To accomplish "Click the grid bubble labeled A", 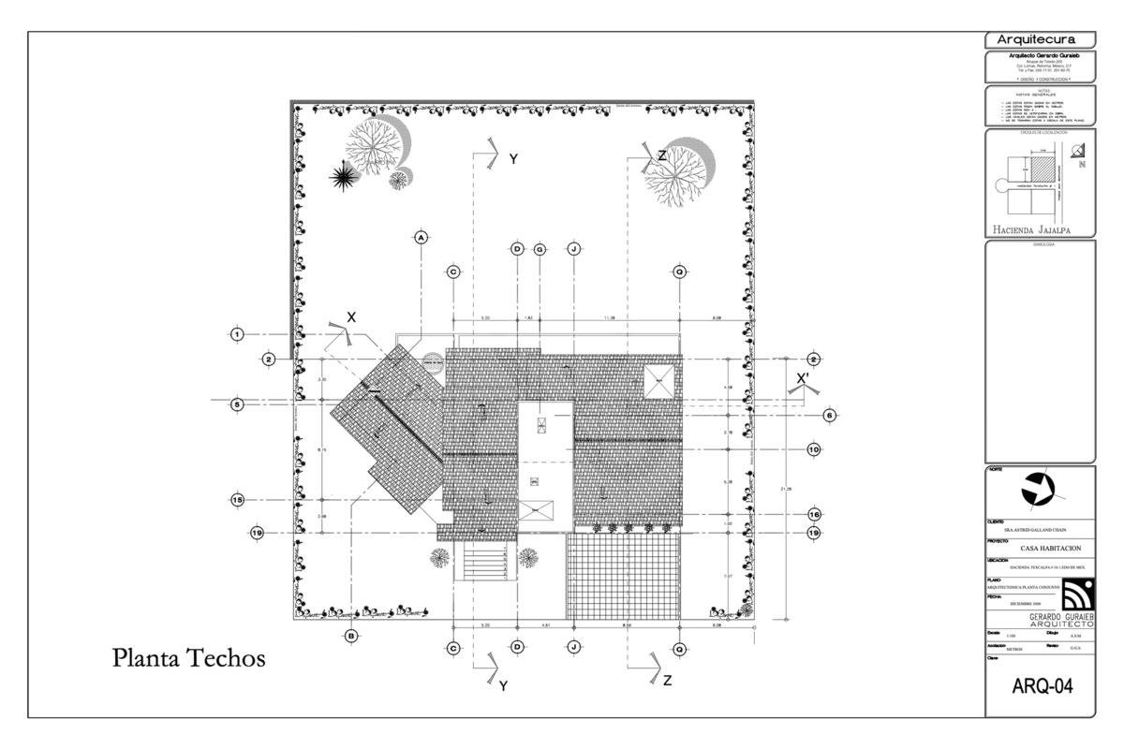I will pos(421,238).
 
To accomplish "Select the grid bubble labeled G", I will pos(540,249).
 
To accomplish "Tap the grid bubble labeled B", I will pos(351,636).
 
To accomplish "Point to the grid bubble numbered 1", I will pos(238,334).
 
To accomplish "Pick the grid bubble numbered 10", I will pos(814,449).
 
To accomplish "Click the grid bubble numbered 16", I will pos(814,514).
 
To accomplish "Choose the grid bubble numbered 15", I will pos(238,500).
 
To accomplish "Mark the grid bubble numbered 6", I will pos(829,415).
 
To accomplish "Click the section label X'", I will pos(803,379).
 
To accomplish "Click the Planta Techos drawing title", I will pos(189,658).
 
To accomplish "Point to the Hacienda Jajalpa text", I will pos(1030,228).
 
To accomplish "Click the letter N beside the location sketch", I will pos(1082,166).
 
